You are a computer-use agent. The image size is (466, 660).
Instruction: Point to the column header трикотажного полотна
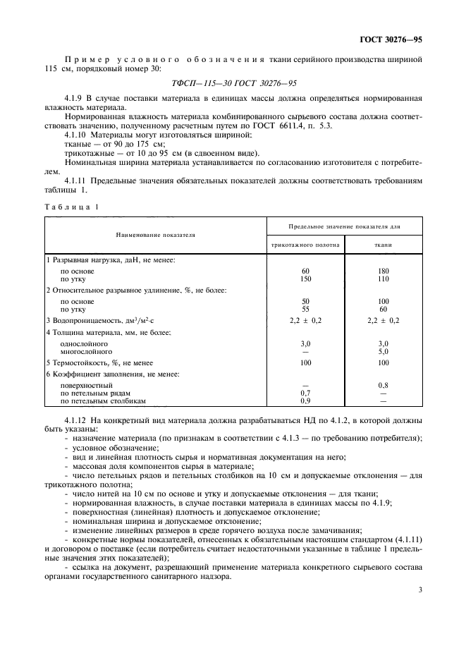tap(305, 246)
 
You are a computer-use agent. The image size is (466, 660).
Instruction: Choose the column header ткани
tap(383, 246)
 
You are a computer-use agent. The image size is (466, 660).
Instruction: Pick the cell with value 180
tap(383, 271)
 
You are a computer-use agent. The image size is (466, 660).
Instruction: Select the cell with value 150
tap(305, 280)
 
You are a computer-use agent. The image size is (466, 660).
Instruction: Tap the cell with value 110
tap(383, 280)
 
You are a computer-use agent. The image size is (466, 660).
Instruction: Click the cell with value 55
tap(305, 309)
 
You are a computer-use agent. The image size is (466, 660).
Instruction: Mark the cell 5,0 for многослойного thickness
tap(383, 350)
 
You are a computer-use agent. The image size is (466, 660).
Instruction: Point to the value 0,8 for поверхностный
tap(383, 385)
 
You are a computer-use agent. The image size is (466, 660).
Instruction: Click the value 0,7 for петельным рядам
tap(305, 393)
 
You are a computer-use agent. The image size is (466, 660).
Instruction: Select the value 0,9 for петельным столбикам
tap(305, 401)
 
